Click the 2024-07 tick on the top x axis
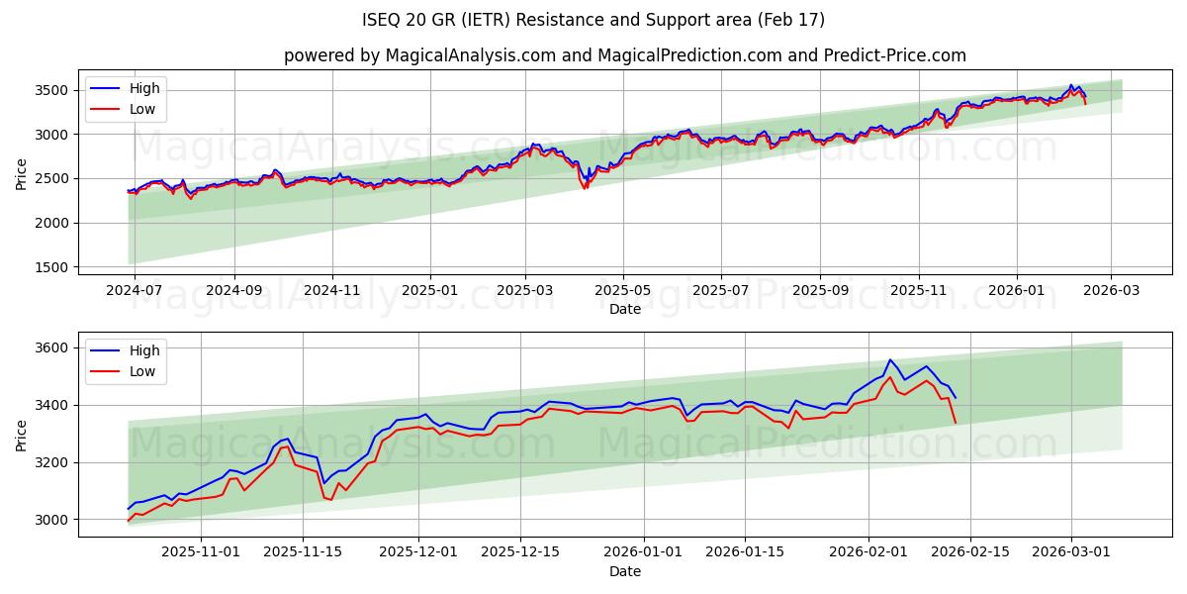pos(133,290)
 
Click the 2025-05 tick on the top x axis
pos(623,290)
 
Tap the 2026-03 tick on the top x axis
pos(1111,290)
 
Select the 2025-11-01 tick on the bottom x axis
pos(202,551)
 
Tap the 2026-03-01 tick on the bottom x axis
pos(1071,551)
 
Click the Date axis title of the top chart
pos(624,309)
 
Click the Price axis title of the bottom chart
pos(22,434)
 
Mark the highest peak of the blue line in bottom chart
pos(889,360)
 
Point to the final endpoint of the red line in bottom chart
pos(956,423)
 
